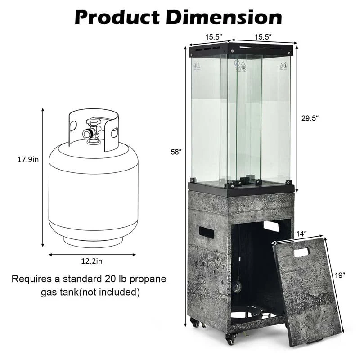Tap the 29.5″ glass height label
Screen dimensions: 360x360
[311, 118]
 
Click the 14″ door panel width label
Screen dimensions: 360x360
[301, 234]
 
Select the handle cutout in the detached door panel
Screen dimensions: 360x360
[301, 252]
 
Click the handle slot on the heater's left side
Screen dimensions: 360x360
[206, 232]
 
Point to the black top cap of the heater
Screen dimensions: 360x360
[241, 48]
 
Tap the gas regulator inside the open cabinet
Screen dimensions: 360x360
[237, 287]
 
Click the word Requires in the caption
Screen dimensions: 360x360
[32, 279]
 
